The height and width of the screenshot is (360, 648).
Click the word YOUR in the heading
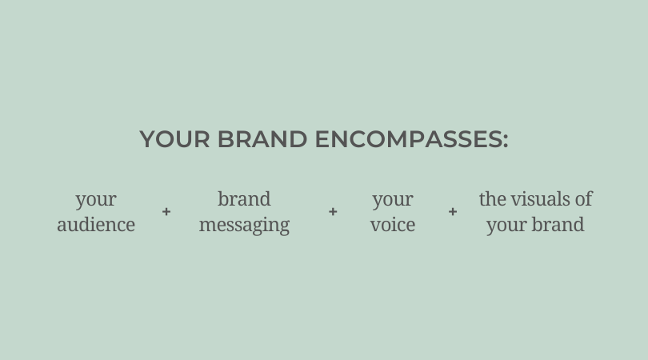pyautogui.click(x=175, y=139)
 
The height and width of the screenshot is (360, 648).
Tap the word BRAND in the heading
pyautogui.click(x=262, y=139)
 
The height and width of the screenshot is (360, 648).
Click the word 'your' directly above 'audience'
pyautogui.click(x=96, y=201)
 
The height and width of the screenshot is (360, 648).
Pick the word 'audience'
pyautogui.click(x=96, y=225)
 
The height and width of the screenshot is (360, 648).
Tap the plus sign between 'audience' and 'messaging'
pyautogui.click(x=166, y=212)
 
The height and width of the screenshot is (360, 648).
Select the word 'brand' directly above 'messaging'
pyautogui.click(x=244, y=199)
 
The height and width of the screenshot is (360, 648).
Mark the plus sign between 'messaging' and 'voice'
pyautogui.click(x=333, y=212)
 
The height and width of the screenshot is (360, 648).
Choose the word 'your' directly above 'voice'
pyautogui.click(x=393, y=201)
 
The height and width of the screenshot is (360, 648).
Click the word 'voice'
pyautogui.click(x=393, y=225)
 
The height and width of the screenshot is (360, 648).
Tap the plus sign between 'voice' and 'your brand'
pyautogui.click(x=453, y=212)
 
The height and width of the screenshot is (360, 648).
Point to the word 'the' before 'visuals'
pyautogui.click(x=493, y=199)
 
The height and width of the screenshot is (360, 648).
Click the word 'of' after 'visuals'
pyautogui.click(x=583, y=199)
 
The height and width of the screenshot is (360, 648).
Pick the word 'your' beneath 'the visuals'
pyautogui.click(x=506, y=226)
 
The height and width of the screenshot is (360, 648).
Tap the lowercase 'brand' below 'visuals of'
pyautogui.click(x=558, y=225)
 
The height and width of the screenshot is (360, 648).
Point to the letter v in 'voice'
pyautogui.click(x=375, y=226)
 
